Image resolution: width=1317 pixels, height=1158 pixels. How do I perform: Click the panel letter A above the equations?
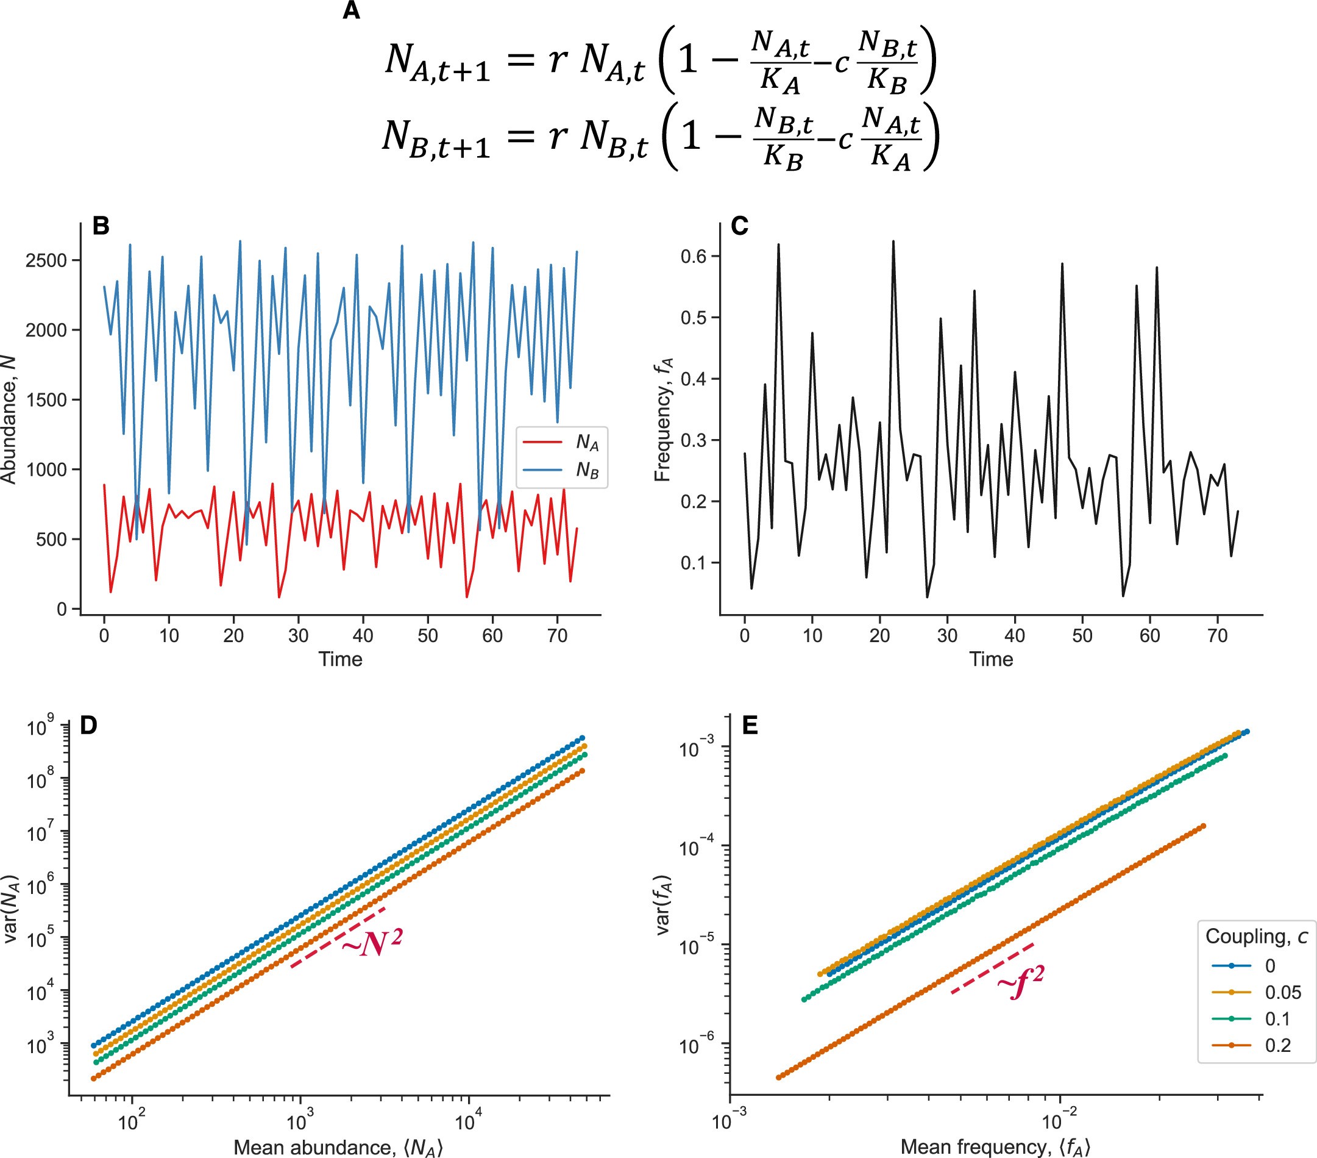click(x=351, y=11)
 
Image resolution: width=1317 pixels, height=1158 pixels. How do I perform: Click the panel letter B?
click(x=101, y=226)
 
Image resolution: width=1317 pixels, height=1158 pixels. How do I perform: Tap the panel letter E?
click(x=750, y=726)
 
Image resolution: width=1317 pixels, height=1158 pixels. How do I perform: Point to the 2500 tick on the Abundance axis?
click(x=46, y=260)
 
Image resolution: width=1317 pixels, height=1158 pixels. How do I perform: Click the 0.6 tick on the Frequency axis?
click(x=694, y=257)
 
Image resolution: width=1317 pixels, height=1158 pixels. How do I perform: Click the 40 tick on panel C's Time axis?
click(x=1014, y=636)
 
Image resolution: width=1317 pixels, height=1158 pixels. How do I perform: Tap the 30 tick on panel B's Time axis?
click(x=299, y=636)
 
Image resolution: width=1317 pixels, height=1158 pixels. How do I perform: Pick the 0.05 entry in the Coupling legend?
click(x=1283, y=993)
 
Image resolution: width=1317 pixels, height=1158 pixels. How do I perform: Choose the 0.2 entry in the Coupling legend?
click(x=1278, y=1046)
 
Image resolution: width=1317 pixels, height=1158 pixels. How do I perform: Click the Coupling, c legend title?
click(x=1256, y=937)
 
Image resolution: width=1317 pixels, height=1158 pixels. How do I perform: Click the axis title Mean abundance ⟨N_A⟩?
click(x=338, y=1147)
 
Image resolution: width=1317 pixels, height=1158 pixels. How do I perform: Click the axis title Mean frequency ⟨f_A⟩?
click(x=995, y=1147)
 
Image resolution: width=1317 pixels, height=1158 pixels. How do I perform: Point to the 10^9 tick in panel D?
click(x=40, y=728)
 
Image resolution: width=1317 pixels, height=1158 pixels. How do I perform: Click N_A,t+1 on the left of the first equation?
click(x=437, y=61)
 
